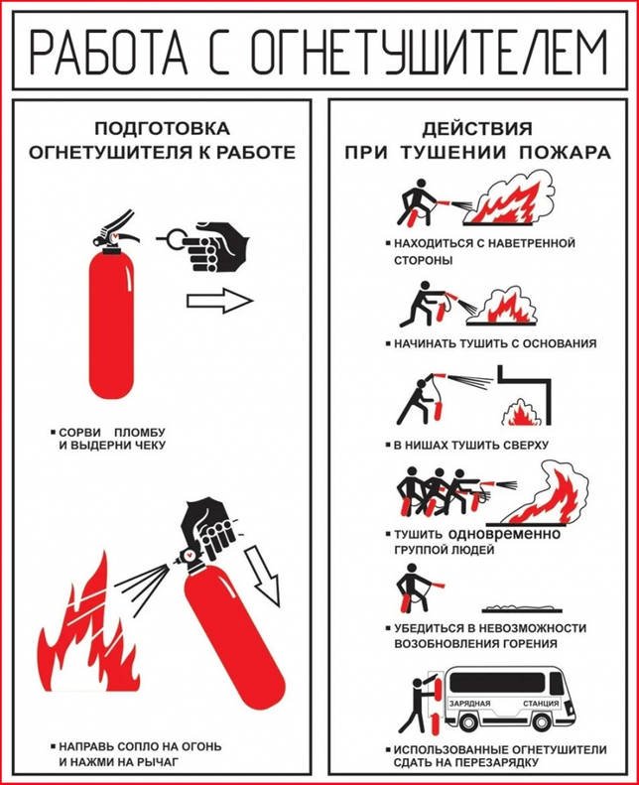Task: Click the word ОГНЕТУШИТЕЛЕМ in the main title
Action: (429, 51)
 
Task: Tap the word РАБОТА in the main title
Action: (108, 51)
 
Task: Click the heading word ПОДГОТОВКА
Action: (162, 129)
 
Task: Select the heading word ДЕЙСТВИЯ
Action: (477, 129)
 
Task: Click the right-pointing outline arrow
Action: (219, 301)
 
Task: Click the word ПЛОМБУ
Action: (140, 432)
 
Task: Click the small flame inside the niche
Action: (520, 413)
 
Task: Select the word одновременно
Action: (504, 534)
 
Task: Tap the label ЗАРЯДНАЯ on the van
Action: (469, 703)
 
